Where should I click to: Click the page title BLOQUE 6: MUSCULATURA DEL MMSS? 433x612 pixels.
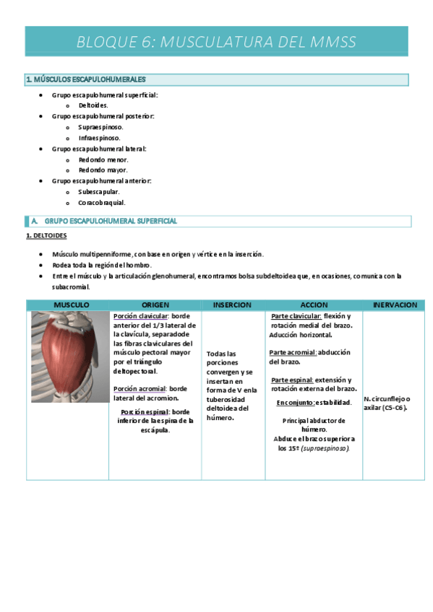click(216, 42)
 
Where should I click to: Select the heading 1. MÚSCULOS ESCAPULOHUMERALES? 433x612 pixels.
click(85, 79)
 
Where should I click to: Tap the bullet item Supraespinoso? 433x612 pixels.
click(100, 127)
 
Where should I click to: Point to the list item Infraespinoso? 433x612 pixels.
click(99, 138)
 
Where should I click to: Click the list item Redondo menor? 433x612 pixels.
click(103, 159)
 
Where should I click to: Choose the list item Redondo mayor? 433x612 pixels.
click(103, 170)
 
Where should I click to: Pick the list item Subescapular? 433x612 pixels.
click(99, 192)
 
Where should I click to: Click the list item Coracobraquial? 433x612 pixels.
click(102, 203)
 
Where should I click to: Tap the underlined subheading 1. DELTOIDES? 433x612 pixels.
click(46, 236)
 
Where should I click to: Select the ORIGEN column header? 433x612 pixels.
click(155, 305)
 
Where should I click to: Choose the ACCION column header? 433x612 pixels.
click(314, 305)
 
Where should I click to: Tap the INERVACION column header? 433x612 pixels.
click(395, 305)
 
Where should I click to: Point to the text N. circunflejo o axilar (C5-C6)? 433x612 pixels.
click(387, 403)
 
